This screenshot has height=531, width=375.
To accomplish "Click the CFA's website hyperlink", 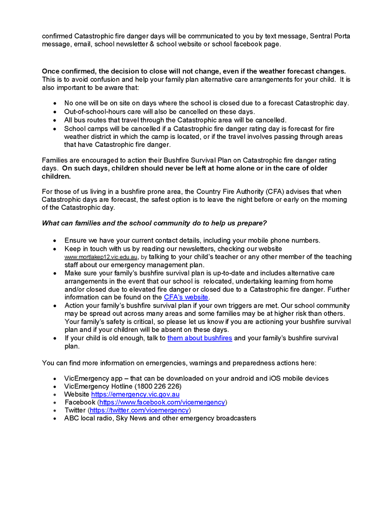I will point(186,297).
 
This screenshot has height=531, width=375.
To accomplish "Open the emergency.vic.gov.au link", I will point(135,394).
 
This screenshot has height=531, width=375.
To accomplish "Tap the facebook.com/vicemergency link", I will point(162,402).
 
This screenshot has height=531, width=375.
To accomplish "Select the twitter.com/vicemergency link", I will point(140,410).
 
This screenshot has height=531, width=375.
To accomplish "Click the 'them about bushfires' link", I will point(199,338).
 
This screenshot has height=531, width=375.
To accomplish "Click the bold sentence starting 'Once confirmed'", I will point(193,71).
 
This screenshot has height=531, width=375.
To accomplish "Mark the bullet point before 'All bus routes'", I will point(54,120).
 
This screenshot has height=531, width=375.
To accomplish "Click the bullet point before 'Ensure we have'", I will point(54,241).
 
